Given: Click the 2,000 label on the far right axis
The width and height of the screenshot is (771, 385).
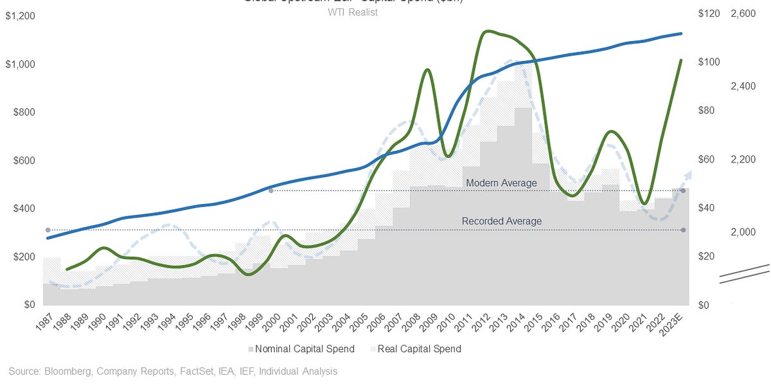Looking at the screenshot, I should coord(743,232).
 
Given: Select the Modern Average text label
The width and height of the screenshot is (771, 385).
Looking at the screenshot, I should coord(501,184).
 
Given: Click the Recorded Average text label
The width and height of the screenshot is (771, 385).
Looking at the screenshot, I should coord(501,221).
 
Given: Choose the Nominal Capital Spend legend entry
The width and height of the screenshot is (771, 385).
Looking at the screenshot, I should coord(301,349).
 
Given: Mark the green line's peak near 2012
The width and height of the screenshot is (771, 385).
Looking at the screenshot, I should coord(488,31).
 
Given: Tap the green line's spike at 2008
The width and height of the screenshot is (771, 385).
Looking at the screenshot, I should coord(427,69).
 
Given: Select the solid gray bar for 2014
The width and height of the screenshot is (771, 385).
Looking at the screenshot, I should coord(523,205).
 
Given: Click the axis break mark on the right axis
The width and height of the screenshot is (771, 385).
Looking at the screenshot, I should coord(744,273).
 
